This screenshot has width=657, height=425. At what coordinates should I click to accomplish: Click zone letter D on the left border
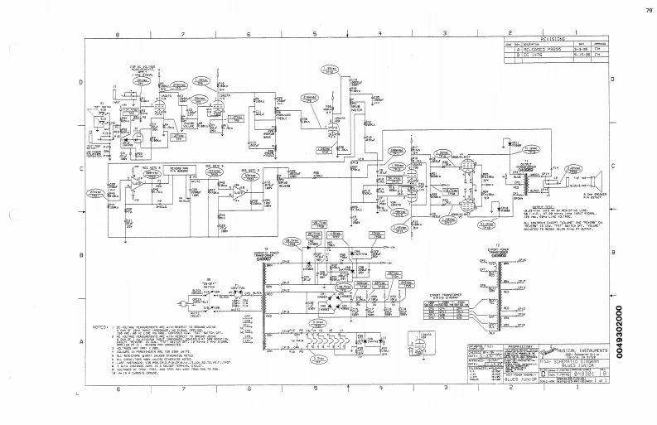(80, 82)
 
